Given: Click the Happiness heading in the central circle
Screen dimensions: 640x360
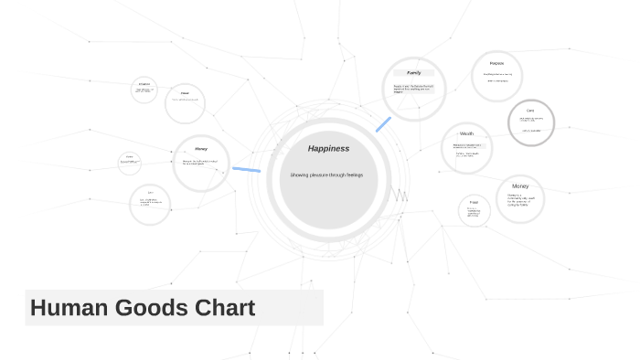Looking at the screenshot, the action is coord(328,148).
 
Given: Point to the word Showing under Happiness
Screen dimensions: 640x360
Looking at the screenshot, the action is coord(301,175).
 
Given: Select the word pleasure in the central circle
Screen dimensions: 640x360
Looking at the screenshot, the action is coord(322,175).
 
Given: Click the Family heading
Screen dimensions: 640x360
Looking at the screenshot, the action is coord(413,72).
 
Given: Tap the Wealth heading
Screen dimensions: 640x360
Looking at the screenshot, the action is coord(466,133).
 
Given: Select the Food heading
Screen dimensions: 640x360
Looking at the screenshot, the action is coord(474,202).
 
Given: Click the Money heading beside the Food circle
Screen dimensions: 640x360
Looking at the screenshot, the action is coord(519,185).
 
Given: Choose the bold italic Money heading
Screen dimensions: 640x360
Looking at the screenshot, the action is coord(200,148).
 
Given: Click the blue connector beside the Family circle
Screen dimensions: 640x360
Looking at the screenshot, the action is coord(383,124).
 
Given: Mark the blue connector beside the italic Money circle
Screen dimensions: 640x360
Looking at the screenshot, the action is coord(246,169).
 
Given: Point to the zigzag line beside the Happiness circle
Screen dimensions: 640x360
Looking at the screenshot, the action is coord(400,195).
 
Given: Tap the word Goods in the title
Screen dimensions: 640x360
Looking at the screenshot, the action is coord(155,308).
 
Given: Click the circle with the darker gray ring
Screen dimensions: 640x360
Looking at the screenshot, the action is coord(530,122).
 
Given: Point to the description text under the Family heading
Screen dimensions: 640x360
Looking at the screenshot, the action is coord(413,88).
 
